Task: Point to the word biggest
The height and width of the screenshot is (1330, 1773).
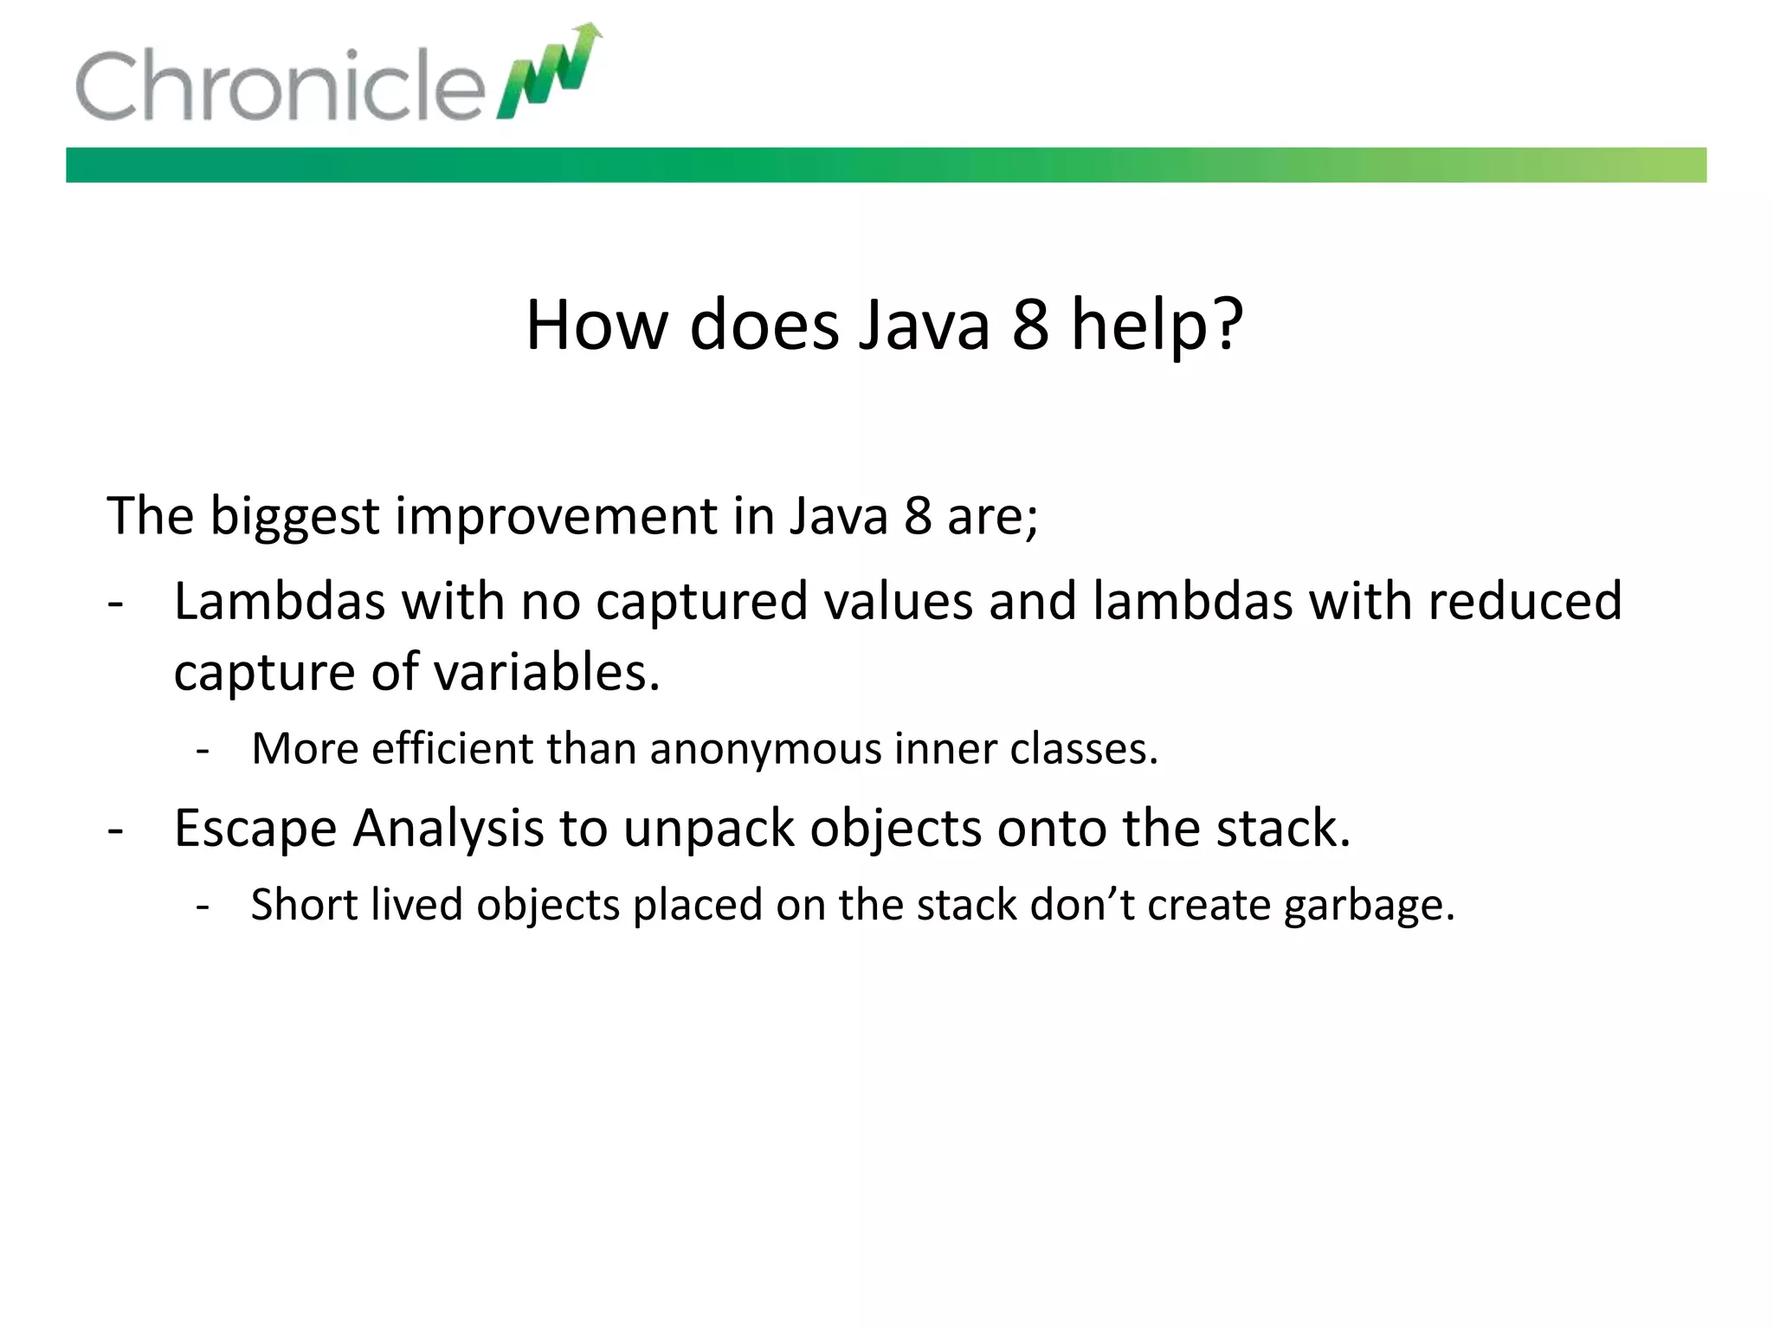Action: (x=294, y=517)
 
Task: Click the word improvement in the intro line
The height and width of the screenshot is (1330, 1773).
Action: (x=556, y=517)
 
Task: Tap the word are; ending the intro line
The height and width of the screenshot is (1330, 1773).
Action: (x=992, y=517)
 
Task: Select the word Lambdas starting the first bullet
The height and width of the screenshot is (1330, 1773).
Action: (x=279, y=601)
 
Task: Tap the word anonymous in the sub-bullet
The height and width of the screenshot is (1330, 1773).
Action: (x=764, y=748)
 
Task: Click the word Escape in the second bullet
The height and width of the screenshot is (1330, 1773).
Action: (x=255, y=828)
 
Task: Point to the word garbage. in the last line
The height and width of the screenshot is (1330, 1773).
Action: (x=1369, y=905)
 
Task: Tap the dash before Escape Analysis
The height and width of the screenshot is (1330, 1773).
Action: (x=116, y=830)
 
